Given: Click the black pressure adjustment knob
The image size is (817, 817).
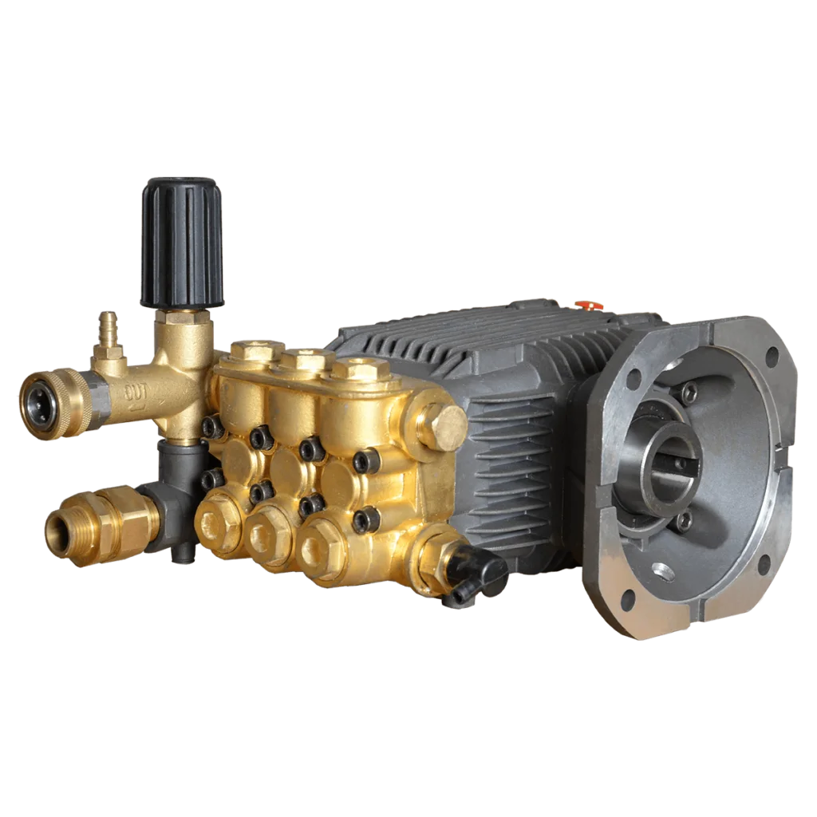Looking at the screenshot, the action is pos(181,243).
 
